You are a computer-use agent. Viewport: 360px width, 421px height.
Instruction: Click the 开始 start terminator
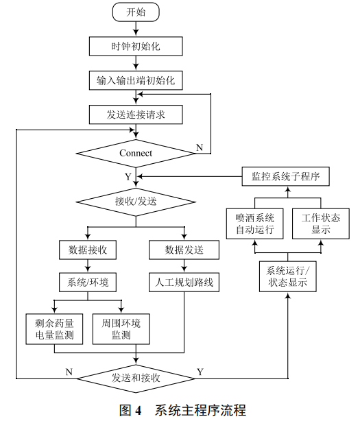click(x=136, y=12)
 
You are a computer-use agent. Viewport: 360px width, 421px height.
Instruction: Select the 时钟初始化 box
click(x=136, y=46)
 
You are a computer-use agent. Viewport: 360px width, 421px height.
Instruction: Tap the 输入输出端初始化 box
click(x=136, y=80)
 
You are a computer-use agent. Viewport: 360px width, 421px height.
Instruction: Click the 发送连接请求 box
click(x=136, y=115)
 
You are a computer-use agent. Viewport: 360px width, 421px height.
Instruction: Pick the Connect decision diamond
click(x=136, y=152)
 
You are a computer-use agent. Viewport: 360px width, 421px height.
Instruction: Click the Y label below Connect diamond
click(x=128, y=177)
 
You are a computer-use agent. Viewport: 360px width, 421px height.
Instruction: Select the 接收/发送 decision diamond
click(x=136, y=202)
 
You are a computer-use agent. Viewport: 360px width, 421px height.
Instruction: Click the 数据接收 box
click(x=88, y=250)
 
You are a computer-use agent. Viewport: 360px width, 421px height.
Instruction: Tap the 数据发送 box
click(x=184, y=250)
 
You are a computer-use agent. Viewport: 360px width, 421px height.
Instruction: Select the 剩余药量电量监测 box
click(x=54, y=328)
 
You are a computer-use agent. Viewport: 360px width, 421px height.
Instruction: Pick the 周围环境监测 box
click(x=121, y=328)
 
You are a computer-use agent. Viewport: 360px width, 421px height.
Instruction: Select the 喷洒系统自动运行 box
click(x=254, y=223)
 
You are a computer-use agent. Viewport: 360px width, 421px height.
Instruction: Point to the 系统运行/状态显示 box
click(x=287, y=275)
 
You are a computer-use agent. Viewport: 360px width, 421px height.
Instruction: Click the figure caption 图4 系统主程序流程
click(x=182, y=410)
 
